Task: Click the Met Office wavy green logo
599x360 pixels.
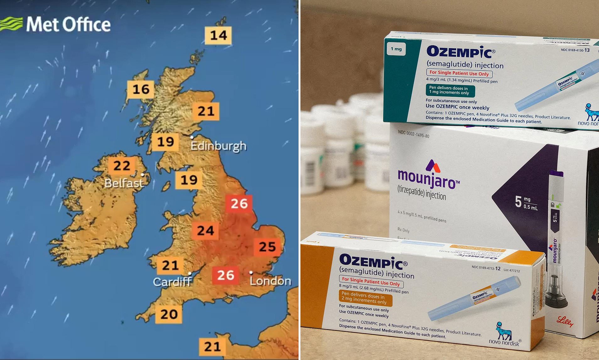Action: (11, 24)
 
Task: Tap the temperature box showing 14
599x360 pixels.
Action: (218, 35)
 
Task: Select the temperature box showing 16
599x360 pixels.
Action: (141, 90)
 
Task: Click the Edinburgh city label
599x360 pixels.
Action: (219, 146)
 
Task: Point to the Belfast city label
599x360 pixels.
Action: (124, 183)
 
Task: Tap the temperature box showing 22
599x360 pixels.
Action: (121, 166)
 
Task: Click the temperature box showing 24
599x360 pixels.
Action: (205, 231)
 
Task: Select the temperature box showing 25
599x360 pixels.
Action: (267, 247)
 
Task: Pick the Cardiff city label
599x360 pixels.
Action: (172, 282)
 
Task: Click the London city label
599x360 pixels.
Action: (270, 281)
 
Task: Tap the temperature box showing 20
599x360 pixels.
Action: (169, 314)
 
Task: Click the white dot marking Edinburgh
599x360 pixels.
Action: (192, 137)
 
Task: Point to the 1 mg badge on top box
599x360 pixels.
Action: (396, 49)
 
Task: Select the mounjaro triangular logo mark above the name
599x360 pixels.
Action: (433, 166)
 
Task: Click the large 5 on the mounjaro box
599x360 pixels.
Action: (518, 202)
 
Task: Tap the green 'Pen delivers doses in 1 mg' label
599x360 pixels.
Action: (450, 90)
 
